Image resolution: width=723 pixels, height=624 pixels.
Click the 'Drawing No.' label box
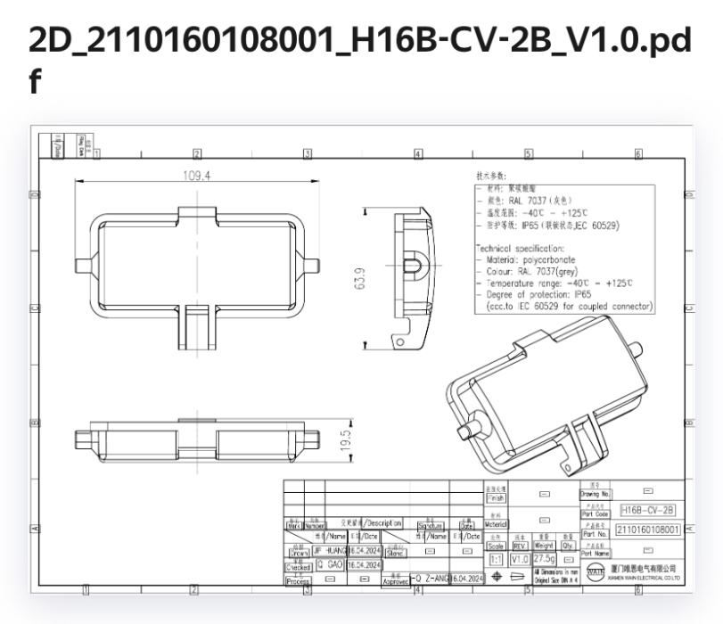(x=595, y=493)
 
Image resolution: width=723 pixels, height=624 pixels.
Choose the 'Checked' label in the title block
(x=298, y=566)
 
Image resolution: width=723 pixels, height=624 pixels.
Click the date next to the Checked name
(x=364, y=565)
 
